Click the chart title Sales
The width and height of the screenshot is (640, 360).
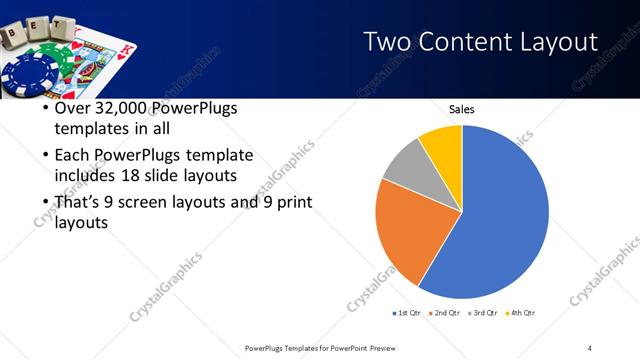[x=461, y=109]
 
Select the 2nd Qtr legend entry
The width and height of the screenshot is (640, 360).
[x=445, y=313]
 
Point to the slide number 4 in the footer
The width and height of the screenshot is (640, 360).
[x=589, y=347]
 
